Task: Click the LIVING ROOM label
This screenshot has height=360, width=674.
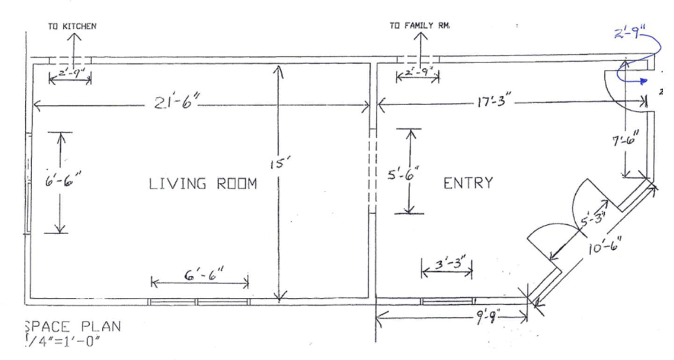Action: tap(203, 184)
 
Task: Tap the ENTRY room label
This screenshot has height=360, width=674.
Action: tap(467, 183)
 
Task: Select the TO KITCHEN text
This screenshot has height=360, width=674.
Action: tap(73, 26)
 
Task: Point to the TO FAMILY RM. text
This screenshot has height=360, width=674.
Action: tap(420, 26)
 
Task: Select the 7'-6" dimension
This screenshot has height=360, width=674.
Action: tap(624, 138)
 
